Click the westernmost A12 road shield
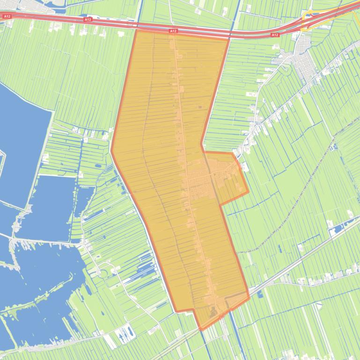[7, 17]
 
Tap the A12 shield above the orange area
[173, 31]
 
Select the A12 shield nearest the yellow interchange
[275, 35]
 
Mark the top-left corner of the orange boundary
[136, 30]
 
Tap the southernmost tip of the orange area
[202, 330]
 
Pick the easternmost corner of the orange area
[248, 192]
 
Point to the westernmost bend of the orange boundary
[111, 150]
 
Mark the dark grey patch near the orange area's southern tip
[213, 312]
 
